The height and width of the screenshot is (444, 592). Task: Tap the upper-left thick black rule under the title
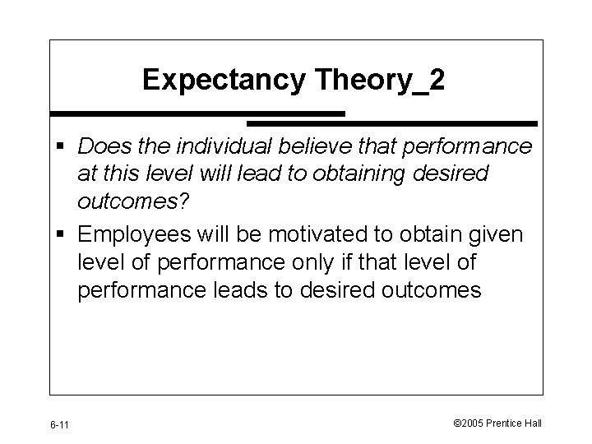pyautogui.click(x=197, y=113)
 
